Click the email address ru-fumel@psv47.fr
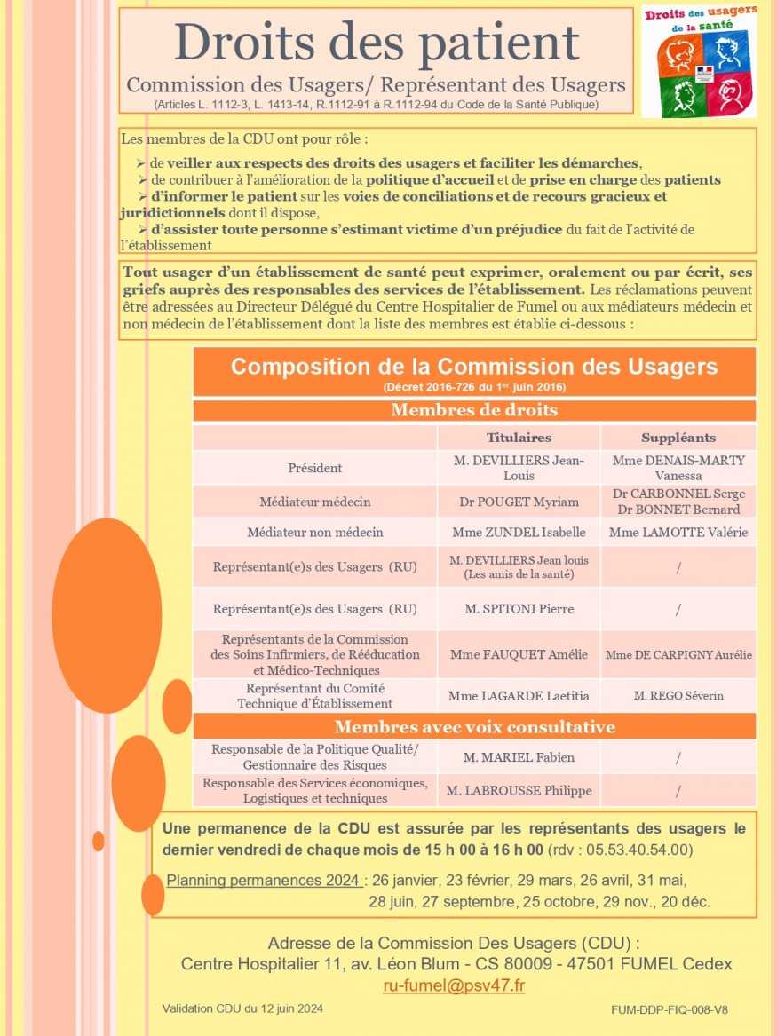(x=454, y=985)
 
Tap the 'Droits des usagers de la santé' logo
(x=699, y=60)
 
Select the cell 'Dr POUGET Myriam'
(x=519, y=502)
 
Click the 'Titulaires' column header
(x=519, y=438)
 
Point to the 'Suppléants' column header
(x=678, y=438)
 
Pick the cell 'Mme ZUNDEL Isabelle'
(x=519, y=533)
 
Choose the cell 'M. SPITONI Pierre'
(x=519, y=609)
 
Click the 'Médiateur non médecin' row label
(x=315, y=533)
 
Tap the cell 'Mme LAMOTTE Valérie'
(x=678, y=533)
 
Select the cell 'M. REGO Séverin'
(x=678, y=695)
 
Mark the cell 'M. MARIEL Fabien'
(x=519, y=757)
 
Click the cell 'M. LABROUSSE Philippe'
(x=519, y=790)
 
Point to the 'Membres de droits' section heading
(x=474, y=410)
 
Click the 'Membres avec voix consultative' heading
(x=474, y=727)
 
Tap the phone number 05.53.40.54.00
(x=630, y=850)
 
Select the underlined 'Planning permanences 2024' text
(x=264, y=881)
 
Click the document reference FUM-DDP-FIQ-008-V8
(x=670, y=1010)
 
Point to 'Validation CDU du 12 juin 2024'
(x=242, y=1008)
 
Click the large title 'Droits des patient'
(x=376, y=42)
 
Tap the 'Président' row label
(x=315, y=468)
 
